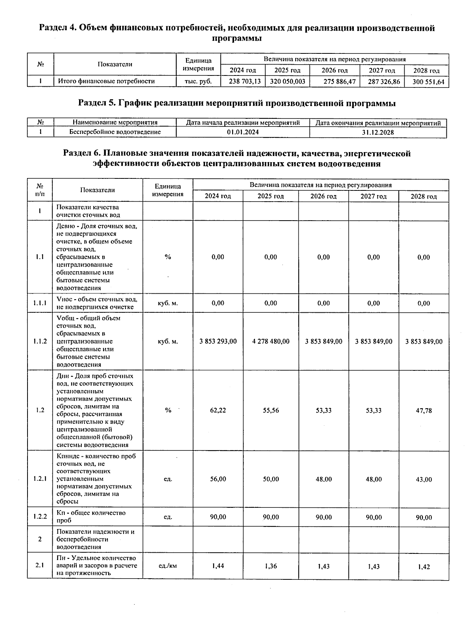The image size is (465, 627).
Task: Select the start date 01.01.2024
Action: pos(243,132)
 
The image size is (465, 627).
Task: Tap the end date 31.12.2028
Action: pos(378,132)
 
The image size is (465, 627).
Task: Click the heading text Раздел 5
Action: pos(97,103)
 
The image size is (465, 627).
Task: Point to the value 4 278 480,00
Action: pos(270,341)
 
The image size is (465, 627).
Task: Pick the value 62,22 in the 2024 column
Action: pos(218,410)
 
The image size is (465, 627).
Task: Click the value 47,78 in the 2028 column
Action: pos(424,410)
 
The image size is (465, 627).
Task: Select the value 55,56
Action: pos(270,410)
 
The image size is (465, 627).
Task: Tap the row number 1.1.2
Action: pos(40,341)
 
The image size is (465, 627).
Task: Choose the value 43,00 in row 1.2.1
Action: pos(424,479)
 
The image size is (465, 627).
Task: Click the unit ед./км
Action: pos(168,566)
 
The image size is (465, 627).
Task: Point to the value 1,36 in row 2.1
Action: pos(270,566)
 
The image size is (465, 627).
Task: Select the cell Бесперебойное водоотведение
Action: pos(115,132)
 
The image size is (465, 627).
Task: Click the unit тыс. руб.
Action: pos(198,81)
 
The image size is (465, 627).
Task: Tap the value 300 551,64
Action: pos(428,82)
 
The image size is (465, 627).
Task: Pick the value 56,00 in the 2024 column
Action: pos(218,479)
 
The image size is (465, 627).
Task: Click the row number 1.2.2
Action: pos(40,517)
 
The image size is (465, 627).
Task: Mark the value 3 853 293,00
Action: pos(218,341)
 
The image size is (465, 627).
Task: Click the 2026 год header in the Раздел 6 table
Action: pos(323,196)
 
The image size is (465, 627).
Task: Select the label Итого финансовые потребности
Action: pos(106,81)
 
